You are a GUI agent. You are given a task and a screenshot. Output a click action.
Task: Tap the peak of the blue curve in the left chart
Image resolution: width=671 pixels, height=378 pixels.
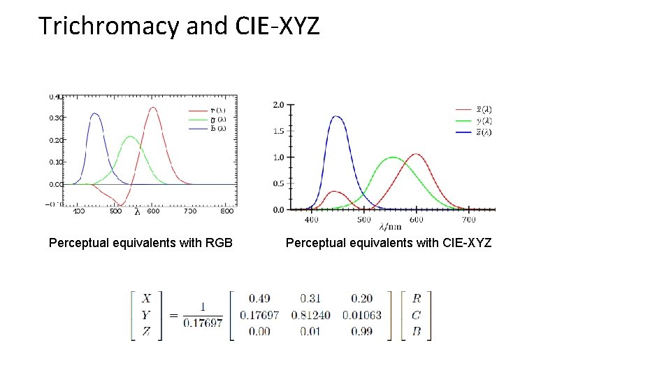coord(95,113)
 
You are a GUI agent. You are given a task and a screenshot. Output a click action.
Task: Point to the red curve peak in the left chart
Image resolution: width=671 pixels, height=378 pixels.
coord(152,108)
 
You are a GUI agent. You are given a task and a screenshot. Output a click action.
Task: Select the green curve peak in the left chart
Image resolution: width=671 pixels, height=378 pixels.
coord(129,137)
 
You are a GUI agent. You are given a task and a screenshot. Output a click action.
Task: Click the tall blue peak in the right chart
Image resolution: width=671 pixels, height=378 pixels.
coord(337,117)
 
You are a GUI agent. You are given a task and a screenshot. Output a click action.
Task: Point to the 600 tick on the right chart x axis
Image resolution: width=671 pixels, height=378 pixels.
coord(417,219)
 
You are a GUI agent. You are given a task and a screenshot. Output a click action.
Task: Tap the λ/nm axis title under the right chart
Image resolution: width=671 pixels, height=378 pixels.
coord(391,227)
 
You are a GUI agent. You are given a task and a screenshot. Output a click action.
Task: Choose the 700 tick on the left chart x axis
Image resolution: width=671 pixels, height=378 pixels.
coord(189,210)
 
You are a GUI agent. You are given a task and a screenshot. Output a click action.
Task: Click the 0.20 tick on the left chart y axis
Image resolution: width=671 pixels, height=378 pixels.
coord(56,140)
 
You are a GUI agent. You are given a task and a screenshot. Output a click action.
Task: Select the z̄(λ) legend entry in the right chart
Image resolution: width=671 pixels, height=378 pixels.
coord(483,132)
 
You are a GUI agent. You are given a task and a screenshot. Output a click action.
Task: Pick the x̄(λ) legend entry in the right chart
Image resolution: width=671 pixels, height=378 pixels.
coord(483,109)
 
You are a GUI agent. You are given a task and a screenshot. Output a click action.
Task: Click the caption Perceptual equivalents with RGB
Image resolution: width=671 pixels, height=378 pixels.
coord(140,243)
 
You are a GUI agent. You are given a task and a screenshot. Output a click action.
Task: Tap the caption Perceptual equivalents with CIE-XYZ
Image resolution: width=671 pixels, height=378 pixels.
coord(389,243)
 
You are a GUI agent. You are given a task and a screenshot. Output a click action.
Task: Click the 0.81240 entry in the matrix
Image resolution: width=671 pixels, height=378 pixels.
coord(311,315)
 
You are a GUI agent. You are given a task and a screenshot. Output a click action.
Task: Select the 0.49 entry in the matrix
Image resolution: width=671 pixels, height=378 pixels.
coord(259,299)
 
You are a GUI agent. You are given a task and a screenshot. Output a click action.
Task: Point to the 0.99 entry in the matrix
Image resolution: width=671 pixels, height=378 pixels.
coord(362,331)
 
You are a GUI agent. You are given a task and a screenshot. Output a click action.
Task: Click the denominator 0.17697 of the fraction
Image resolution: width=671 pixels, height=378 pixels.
coord(202,323)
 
